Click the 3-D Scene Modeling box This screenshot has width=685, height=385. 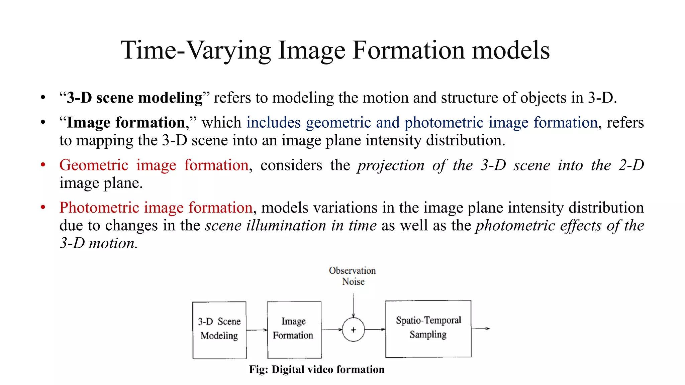(x=219, y=330)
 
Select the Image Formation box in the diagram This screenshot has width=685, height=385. (x=294, y=330)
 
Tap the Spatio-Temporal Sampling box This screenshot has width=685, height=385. (x=428, y=329)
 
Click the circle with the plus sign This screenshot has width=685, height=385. (x=353, y=330)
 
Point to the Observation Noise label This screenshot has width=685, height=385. (x=353, y=276)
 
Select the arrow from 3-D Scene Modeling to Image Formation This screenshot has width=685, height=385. (x=257, y=330)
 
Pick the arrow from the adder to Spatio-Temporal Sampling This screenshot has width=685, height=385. (x=375, y=330)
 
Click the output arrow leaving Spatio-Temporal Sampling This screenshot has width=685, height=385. (x=481, y=329)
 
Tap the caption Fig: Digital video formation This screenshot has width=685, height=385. (x=317, y=369)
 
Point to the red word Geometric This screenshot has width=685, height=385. (x=94, y=165)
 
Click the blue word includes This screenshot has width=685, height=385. (x=274, y=123)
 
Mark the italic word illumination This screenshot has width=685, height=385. (x=286, y=226)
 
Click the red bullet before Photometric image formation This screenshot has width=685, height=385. (x=43, y=208)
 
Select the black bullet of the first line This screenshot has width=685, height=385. (x=43, y=98)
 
